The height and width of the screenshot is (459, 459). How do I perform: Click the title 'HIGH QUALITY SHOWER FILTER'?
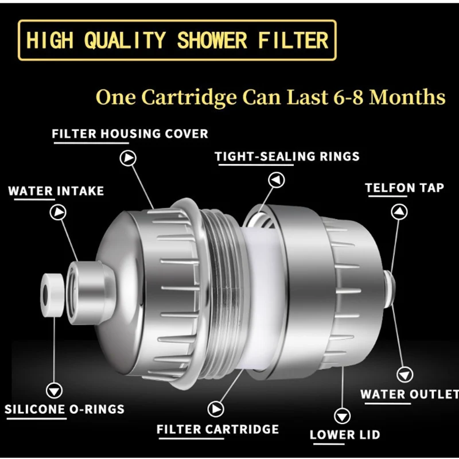click(x=177, y=40)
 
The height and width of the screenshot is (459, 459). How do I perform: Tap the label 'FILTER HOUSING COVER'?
click(x=130, y=134)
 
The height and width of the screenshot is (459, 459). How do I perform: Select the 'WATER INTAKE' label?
click(x=56, y=190)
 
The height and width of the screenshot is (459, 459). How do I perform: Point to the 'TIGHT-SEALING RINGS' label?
click(x=287, y=156)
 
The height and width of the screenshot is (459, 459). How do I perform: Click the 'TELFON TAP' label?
click(x=404, y=188)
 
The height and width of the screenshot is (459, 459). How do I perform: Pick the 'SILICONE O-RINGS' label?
click(x=64, y=409)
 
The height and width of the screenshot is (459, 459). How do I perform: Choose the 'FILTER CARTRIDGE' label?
click(x=217, y=429)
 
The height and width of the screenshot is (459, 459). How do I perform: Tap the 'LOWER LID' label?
click(x=345, y=435)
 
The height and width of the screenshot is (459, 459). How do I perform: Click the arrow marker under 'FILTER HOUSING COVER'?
click(x=127, y=158)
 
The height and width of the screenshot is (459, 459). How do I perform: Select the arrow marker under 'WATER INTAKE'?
click(x=58, y=213)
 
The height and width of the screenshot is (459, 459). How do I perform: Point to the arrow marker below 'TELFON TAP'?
click(x=399, y=212)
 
